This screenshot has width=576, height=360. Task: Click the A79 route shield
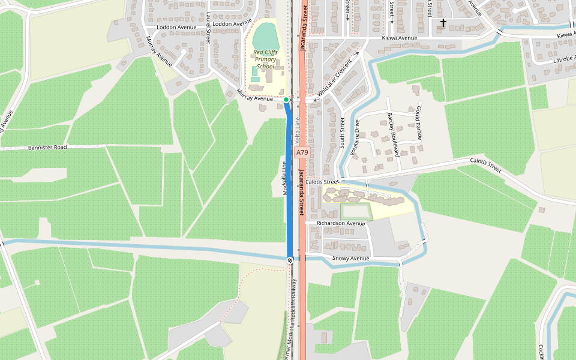(x=302, y=152)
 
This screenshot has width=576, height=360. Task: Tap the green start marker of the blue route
(x=286, y=99)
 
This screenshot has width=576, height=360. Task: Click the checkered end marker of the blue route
(x=290, y=260)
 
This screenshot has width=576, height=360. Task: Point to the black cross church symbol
(x=443, y=23)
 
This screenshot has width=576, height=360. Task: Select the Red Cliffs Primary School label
(x=265, y=59)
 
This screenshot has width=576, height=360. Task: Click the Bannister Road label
(x=47, y=147)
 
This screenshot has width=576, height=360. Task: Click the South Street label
(x=343, y=133)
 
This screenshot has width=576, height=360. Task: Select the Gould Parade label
(x=419, y=123)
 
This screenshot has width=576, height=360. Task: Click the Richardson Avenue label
(x=341, y=223)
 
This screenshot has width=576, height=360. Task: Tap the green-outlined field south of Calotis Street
(x=356, y=212)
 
